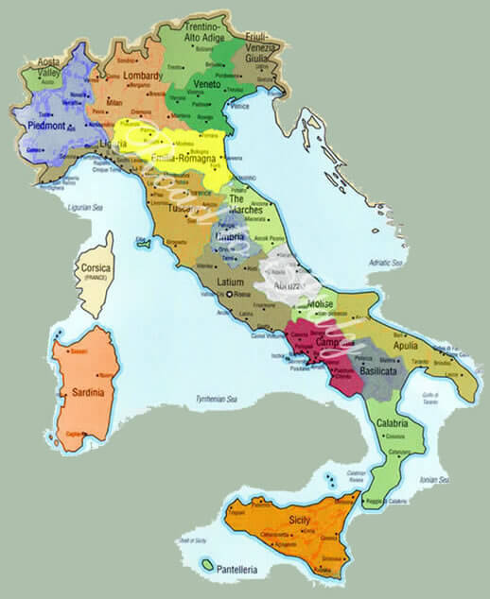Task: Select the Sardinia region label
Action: point(81,390)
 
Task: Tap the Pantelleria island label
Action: point(245,571)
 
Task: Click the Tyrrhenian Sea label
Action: point(217,400)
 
